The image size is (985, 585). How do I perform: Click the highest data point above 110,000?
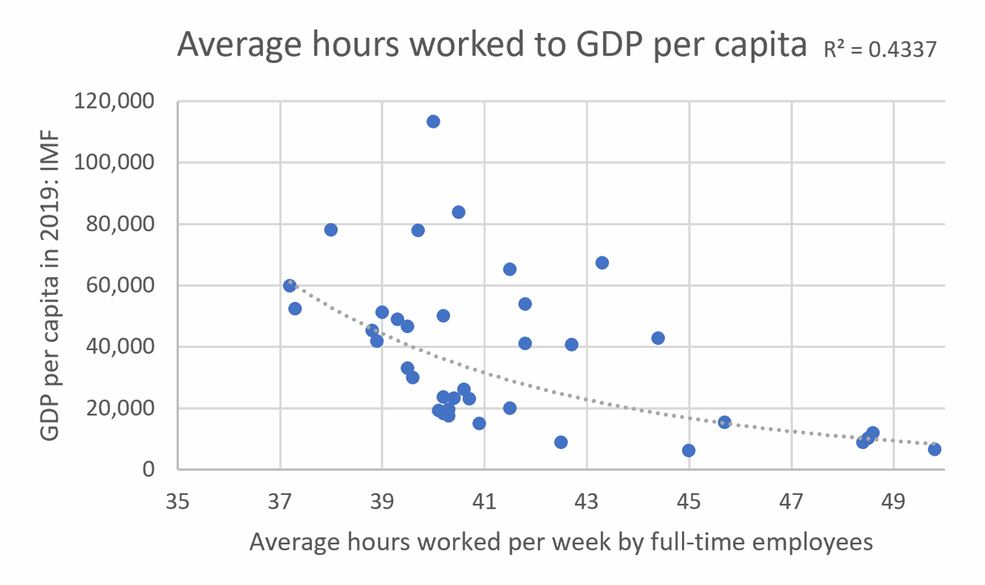tap(433, 121)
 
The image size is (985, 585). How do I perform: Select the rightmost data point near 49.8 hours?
tap(934, 449)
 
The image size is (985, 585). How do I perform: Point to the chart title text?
tap(491, 47)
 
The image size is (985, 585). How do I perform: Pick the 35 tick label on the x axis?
tap(178, 503)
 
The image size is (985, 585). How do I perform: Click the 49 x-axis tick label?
tap(893, 503)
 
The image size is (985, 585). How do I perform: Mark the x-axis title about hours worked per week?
tap(561, 542)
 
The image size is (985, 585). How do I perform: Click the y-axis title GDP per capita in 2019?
tap(50, 285)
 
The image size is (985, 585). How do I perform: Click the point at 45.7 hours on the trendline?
tap(724, 422)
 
